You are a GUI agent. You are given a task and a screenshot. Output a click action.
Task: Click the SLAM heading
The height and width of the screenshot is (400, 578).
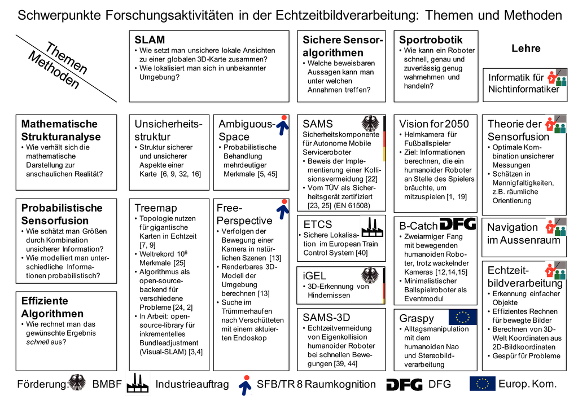pos(150,40)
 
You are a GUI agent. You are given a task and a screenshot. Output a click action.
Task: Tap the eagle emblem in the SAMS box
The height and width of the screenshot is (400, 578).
pos(371,124)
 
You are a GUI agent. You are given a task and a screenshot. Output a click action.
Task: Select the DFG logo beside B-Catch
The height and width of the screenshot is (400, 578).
pos(457,223)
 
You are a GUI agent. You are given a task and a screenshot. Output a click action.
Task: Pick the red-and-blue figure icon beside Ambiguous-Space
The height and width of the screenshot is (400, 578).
pos(285,125)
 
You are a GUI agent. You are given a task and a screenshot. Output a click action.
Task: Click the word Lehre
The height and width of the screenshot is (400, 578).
pos(526,49)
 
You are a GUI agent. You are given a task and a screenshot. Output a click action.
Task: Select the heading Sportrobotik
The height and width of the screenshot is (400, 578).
pos(431,40)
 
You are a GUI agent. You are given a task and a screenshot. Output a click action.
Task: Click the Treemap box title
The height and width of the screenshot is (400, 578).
pos(156,208)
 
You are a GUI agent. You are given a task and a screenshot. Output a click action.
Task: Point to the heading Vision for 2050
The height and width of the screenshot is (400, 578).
pos(433,124)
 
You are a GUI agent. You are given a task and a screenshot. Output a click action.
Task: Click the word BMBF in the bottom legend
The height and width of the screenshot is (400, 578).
pos(107,385)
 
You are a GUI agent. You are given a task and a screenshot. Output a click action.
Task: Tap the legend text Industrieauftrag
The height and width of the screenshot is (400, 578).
pos(192,385)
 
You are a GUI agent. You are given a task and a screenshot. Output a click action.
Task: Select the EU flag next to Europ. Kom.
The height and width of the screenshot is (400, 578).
pos(482,384)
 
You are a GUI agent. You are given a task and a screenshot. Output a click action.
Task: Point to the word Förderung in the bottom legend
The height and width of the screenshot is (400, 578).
pos(42,385)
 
